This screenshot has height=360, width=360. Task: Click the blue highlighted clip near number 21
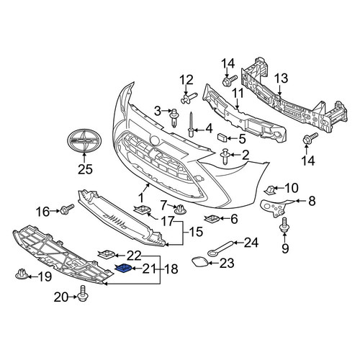(x=123, y=268)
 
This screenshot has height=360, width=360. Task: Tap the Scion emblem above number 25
(x=84, y=141)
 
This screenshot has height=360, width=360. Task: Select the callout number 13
(x=281, y=78)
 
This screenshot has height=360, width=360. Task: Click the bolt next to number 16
(x=67, y=210)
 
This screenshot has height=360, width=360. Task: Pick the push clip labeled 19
(x=22, y=274)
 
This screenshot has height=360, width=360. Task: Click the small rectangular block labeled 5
(x=222, y=138)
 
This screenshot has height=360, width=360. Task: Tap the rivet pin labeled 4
(x=191, y=124)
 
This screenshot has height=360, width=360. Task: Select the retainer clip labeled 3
(x=174, y=118)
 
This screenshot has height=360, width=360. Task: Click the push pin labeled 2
(x=225, y=157)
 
